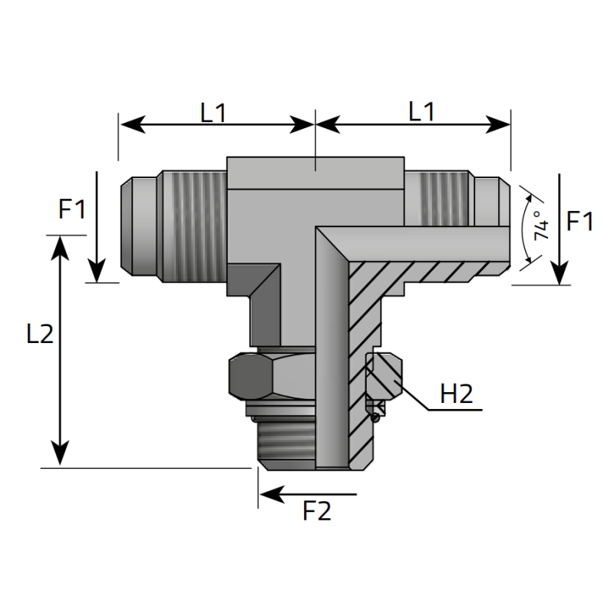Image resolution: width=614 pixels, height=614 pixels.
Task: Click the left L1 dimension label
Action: (213, 114)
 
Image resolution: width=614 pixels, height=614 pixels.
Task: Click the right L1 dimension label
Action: (421, 112)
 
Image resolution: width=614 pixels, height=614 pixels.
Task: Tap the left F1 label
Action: (73, 209)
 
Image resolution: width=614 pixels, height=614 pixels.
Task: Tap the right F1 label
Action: (580, 223)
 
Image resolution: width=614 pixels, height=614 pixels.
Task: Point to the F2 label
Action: (316, 511)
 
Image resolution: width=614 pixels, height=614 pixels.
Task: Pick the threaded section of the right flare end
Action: (437, 198)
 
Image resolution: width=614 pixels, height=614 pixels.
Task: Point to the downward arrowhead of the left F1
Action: (97, 272)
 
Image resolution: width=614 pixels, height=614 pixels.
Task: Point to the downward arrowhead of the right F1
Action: (560, 274)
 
